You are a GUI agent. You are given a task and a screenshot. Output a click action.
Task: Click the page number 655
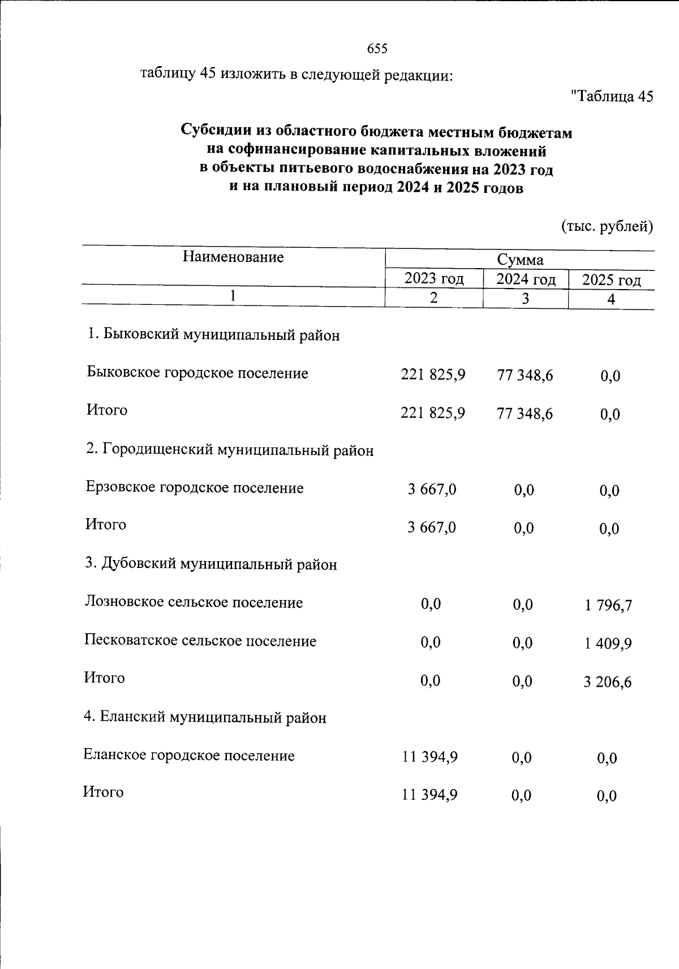coord(377,49)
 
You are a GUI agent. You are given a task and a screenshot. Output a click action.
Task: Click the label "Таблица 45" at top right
coord(613,96)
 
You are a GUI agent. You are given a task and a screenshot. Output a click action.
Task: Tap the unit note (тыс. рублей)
coord(607,227)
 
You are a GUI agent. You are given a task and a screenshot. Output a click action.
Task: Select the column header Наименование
coord(233,257)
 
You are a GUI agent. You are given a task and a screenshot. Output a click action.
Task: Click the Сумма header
coord(520,260)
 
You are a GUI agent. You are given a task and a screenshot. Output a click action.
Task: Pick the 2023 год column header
coord(434,278)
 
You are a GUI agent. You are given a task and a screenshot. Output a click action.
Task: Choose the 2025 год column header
coord(611,280)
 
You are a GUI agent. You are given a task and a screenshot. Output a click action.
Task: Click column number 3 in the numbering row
coord(525,299)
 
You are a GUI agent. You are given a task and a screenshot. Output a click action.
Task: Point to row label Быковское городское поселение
coord(197,373)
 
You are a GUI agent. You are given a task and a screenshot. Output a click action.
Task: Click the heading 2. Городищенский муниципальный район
coord(230,450)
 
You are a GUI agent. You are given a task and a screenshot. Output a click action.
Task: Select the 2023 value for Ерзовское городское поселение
coord(432,489)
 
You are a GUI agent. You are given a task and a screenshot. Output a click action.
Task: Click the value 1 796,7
coord(608,606)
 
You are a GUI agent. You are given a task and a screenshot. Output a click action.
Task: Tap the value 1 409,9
coord(608,644)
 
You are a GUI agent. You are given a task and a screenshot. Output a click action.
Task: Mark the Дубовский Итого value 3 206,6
coord(608,682)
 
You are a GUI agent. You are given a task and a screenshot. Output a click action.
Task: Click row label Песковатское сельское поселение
coord(200,641)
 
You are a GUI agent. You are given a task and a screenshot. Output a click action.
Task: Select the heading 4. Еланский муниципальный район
coord(205,717)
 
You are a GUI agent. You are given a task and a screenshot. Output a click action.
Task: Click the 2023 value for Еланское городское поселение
coord(429,757)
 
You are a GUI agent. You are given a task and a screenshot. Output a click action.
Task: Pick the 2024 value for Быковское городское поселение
coord(525,375)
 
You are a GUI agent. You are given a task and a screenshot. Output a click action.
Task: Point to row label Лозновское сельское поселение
coord(194,602)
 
